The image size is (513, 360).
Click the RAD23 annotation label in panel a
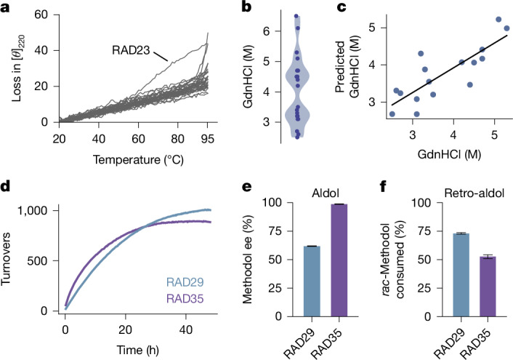pos(131,50)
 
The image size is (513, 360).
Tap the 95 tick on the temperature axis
pos(207,139)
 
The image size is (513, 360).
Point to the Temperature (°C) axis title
pos(138,160)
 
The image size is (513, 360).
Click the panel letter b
pos(246,7)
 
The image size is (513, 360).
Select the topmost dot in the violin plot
pos(296,16)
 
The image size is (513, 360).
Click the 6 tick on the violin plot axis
pos(267,31)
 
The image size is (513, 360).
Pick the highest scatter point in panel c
pos(498,20)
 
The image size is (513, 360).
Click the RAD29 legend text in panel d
pos(185,282)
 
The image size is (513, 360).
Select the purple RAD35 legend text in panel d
pos(185,299)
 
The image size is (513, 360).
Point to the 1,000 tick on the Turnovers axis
pos(33,211)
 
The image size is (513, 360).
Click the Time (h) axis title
pos(138,350)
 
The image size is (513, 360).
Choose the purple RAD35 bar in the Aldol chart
pos(339,260)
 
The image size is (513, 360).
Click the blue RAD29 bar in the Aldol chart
pos(312,281)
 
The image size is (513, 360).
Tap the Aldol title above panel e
pos(326,193)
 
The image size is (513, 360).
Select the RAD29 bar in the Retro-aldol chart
pos(461,275)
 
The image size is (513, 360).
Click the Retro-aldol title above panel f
pos(474,193)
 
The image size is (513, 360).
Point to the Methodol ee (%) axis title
pos(248,259)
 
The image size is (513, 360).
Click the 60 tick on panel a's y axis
pos(41,15)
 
